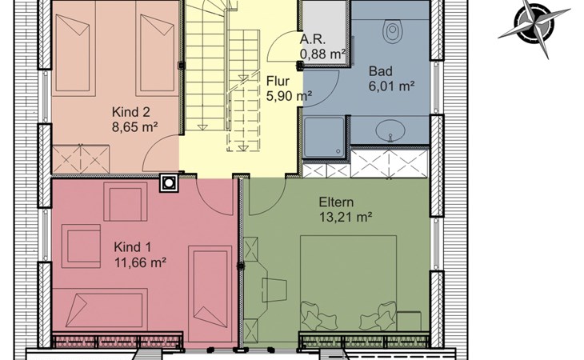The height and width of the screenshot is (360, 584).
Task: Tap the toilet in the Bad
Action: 392,31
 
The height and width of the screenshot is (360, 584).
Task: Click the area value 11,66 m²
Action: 140,263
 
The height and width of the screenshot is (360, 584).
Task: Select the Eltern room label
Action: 336,202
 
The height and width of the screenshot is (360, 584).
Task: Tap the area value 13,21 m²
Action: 346,217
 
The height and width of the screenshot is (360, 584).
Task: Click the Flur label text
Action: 278,81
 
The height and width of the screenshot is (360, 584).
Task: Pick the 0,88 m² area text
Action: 322,54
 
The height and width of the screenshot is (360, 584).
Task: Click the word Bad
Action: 381,70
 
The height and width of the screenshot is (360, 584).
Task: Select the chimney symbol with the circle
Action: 169,183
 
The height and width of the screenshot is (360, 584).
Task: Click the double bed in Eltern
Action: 348,282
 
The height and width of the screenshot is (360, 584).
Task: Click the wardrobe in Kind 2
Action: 81,159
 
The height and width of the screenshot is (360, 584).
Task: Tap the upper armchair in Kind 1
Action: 126,202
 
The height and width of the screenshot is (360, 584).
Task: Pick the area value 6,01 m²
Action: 392,86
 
